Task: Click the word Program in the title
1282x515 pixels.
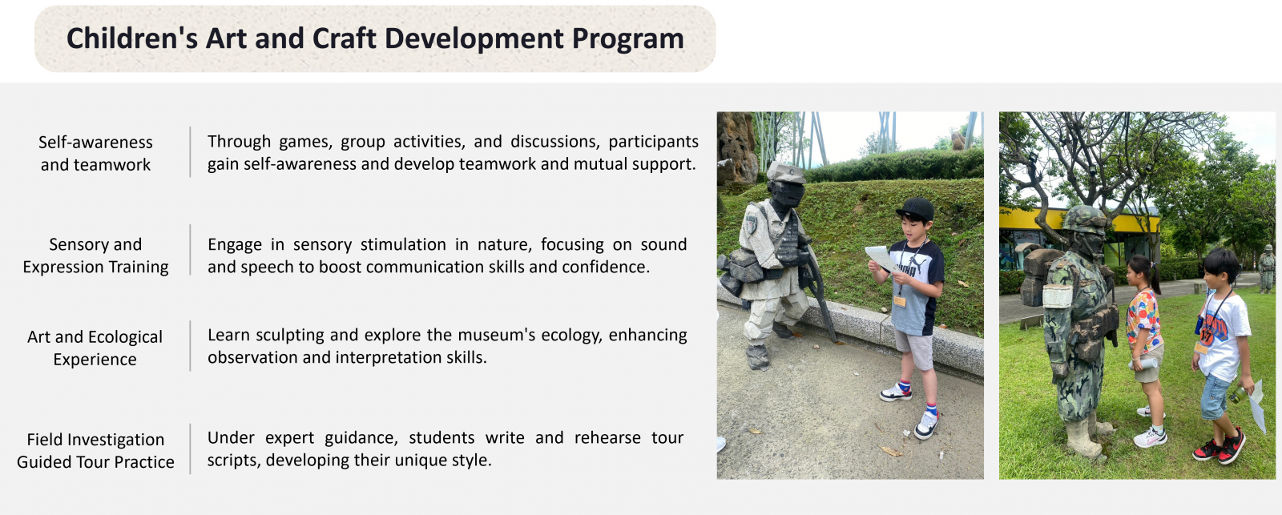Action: pyautogui.click(x=628, y=39)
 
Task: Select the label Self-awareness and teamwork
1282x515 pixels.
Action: pyautogui.click(x=95, y=153)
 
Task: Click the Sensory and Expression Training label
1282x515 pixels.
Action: pyautogui.click(x=95, y=255)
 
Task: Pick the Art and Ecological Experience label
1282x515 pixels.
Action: pyautogui.click(x=95, y=348)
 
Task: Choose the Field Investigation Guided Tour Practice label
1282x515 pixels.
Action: pyautogui.click(x=95, y=450)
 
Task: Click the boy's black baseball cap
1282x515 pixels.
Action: pyautogui.click(x=916, y=209)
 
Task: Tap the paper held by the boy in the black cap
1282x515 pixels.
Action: pyautogui.click(x=881, y=258)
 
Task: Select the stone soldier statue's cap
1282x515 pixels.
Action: pyautogui.click(x=786, y=171)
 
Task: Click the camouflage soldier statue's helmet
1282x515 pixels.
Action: pyautogui.click(x=1083, y=219)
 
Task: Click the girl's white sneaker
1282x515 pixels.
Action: pyautogui.click(x=1150, y=438)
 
